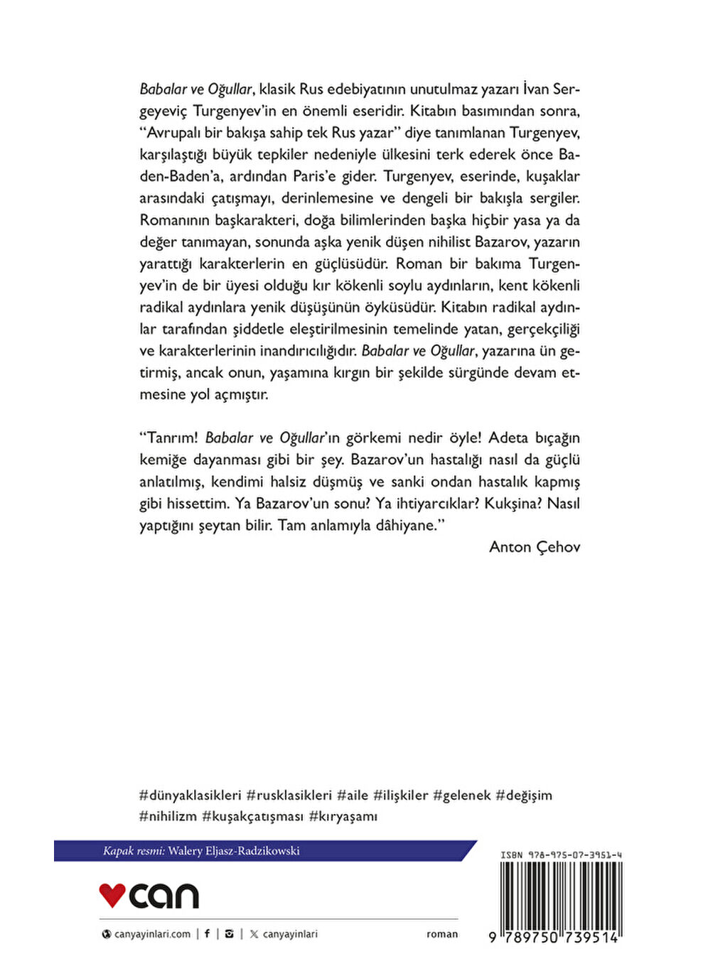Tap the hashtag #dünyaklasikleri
[x=190, y=796]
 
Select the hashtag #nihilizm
[x=168, y=817]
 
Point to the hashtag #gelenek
[x=461, y=796]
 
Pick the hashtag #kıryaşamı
[x=343, y=817]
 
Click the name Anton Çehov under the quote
[x=535, y=547]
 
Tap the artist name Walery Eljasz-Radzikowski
[x=234, y=851]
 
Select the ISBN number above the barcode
[x=561, y=855]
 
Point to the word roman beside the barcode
[x=442, y=934]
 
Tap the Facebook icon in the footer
[x=207, y=934]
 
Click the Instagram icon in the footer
[x=229, y=934]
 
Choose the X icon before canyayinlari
[x=254, y=934]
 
